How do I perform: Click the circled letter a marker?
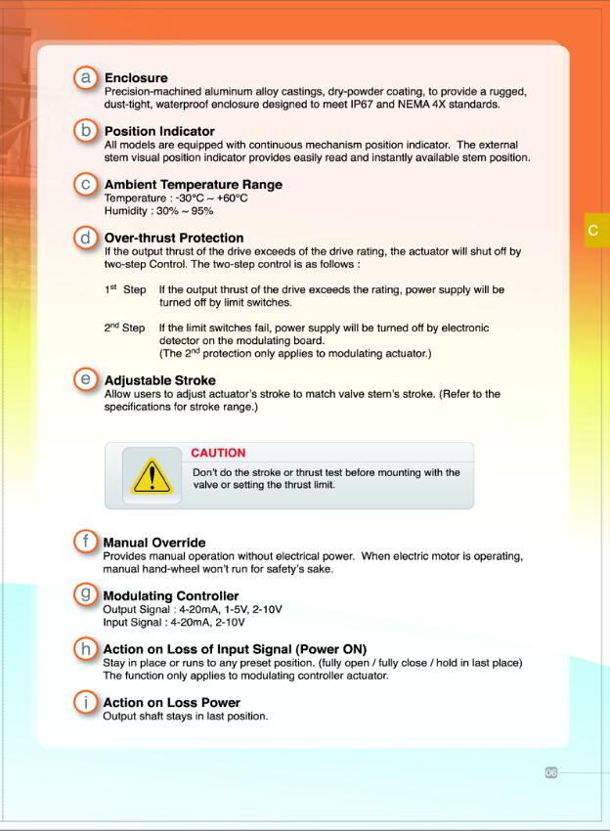click(x=86, y=76)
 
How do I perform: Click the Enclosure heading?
click(x=136, y=77)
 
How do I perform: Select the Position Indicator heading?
click(x=159, y=131)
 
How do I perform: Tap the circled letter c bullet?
click(x=86, y=184)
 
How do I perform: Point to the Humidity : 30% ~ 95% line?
click(x=158, y=210)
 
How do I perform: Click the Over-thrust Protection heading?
click(x=174, y=238)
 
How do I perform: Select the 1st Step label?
click(x=124, y=290)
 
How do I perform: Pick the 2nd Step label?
click(x=124, y=328)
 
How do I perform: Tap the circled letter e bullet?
click(x=86, y=379)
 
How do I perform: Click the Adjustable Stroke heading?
click(x=160, y=380)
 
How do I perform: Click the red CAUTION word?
click(x=218, y=453)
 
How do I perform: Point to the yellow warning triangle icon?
click(x=152, y=477)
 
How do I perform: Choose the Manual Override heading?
click(x=153, y=543)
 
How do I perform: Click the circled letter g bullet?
click(x=86, y=594)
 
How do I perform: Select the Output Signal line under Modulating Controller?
click(x=193, y=609)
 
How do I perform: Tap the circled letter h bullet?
click(x=86, y=648)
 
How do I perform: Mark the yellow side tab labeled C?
click(x=595, y=231)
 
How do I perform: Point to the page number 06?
click(x=550, y=772)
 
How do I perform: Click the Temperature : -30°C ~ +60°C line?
click(x=176, y=198)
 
